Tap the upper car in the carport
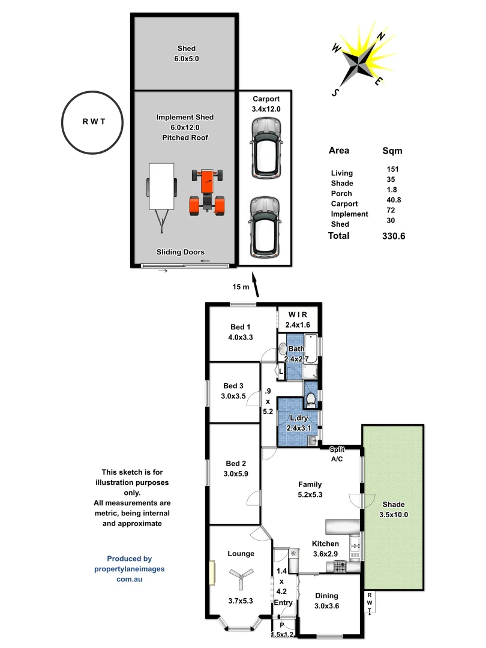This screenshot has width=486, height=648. [265, 148]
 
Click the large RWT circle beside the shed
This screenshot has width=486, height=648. [93, 121]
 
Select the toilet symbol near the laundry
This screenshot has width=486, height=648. [311, 398]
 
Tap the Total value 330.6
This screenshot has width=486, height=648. [394, 236]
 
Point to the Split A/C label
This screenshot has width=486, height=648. [337, 454]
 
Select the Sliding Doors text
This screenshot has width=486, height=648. [180, 252]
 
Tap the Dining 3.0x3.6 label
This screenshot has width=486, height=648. [327, 601]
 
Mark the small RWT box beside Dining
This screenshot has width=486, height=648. [370, 603]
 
